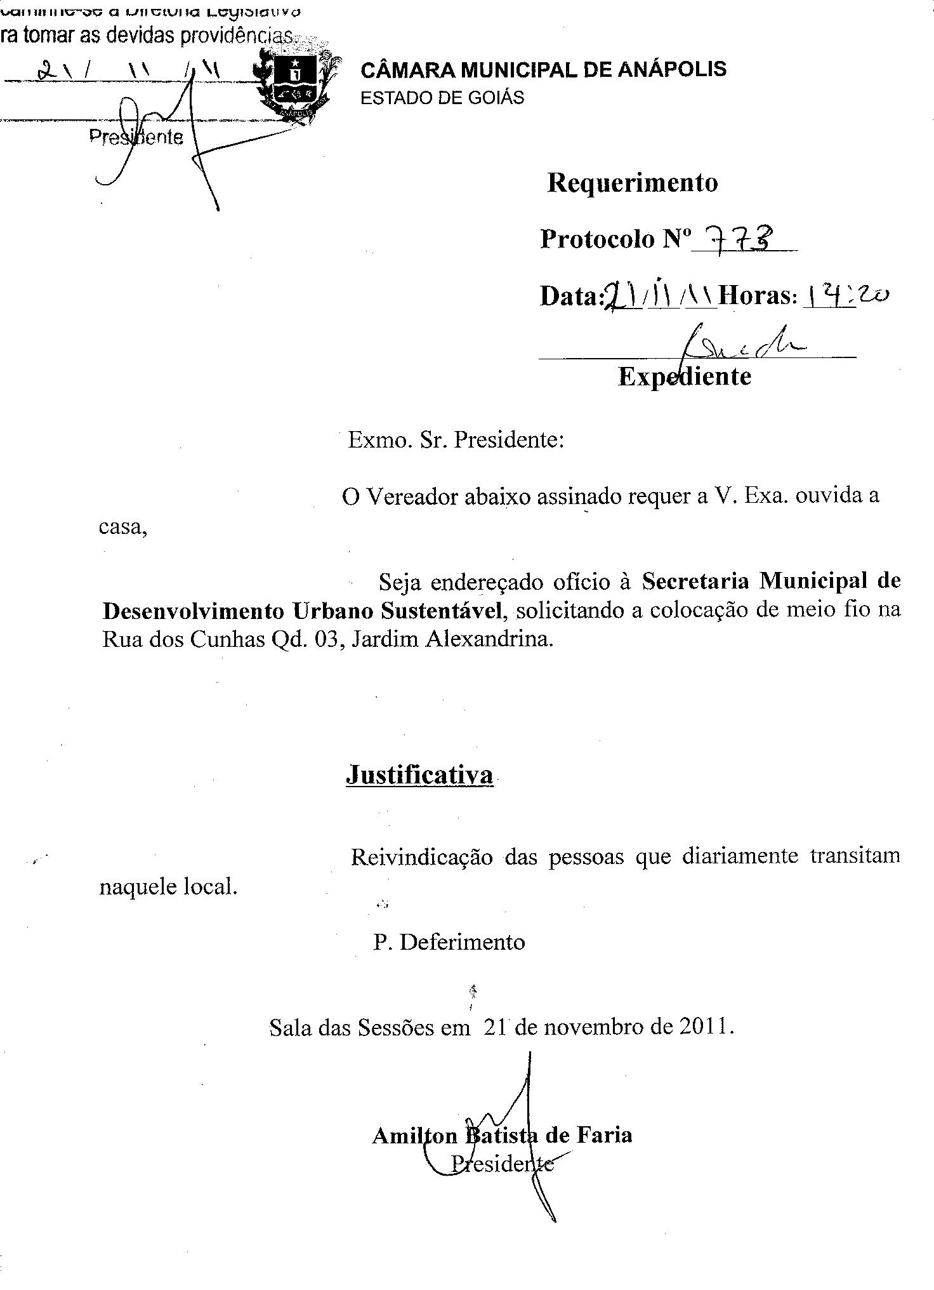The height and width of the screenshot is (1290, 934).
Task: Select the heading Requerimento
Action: tap(632, 183)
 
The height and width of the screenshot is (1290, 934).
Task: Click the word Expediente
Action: tap(684, 376)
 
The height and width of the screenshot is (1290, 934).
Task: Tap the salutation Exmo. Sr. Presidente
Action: tap(455, 439)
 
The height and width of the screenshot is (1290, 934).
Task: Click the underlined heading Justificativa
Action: tap(419, 775)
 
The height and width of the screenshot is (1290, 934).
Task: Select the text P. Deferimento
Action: tap(449, 942)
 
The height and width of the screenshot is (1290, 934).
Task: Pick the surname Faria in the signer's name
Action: tap(604, 1135)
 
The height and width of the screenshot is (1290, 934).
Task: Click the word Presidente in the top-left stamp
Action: tap(136, 137)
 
